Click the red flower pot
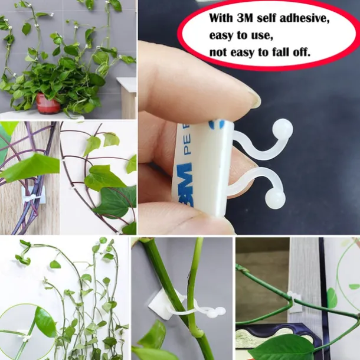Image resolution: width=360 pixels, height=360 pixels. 48,103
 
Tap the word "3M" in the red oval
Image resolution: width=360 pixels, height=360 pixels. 245,18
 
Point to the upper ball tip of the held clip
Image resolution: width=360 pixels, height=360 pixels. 282,129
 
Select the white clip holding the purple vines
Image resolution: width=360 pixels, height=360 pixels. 31,198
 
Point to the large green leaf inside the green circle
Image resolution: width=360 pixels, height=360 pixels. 44,322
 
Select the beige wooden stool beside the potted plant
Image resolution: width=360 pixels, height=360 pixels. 126,97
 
